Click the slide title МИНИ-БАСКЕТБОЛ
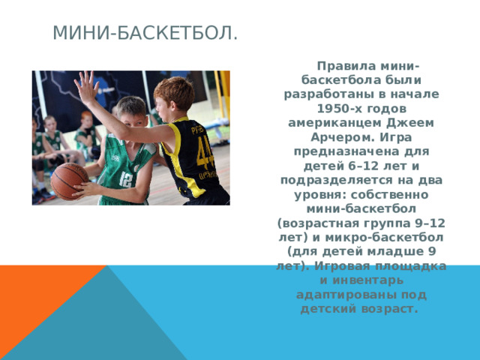coord(145,33)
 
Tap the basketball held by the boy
coord(69,181)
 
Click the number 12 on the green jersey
coord(126,180)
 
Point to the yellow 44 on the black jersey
coord(205,152)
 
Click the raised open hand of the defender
coord(86,87)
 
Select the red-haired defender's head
coord(173,95)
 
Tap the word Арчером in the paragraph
coord(343,137)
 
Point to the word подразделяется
coord(337,180)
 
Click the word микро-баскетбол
coord(384,238)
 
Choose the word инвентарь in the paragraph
coord(368,280)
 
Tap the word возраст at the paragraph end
coord(389,309)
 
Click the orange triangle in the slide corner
coord(34,294)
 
